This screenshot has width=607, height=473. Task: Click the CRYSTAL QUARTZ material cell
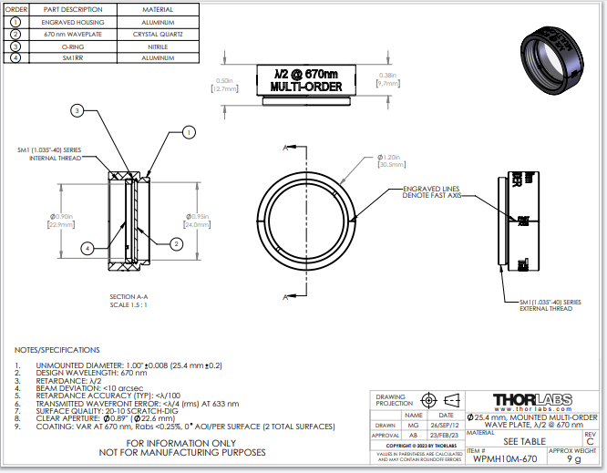(159, 33)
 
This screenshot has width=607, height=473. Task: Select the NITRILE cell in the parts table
(159, 45)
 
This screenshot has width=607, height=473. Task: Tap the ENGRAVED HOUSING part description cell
(72, 21)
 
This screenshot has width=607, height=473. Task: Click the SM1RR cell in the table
(72, 57)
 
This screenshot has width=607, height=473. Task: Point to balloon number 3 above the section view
(77, 111)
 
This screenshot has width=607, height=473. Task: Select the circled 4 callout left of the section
(86, 247)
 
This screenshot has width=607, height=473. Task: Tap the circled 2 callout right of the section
(176, 242)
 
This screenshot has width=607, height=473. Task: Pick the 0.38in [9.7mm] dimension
(387, 78)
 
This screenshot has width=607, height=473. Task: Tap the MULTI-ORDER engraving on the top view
(305, 87)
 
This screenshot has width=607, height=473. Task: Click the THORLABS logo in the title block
(530, 400)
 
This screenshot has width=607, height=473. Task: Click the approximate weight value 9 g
(572, 459)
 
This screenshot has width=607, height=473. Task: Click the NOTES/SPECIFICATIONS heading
(57, 350)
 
